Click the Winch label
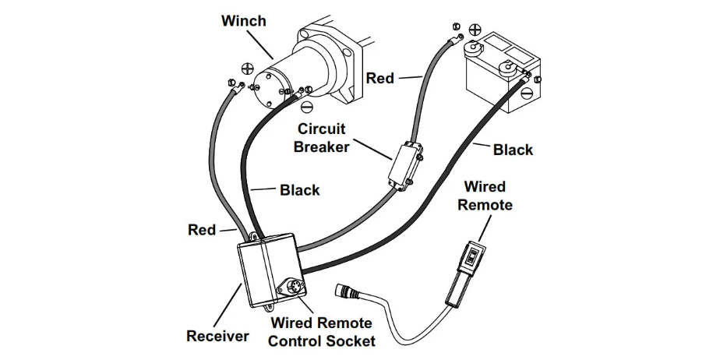[243, 21]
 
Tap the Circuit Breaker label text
[320, 137]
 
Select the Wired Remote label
[485, 196]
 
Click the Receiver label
[217, 336]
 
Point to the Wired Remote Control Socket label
[322, 331]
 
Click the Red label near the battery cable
[380, 78]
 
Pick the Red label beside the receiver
[202, 230]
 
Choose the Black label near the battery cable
[514, 150]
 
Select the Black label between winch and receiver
[299, 189]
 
